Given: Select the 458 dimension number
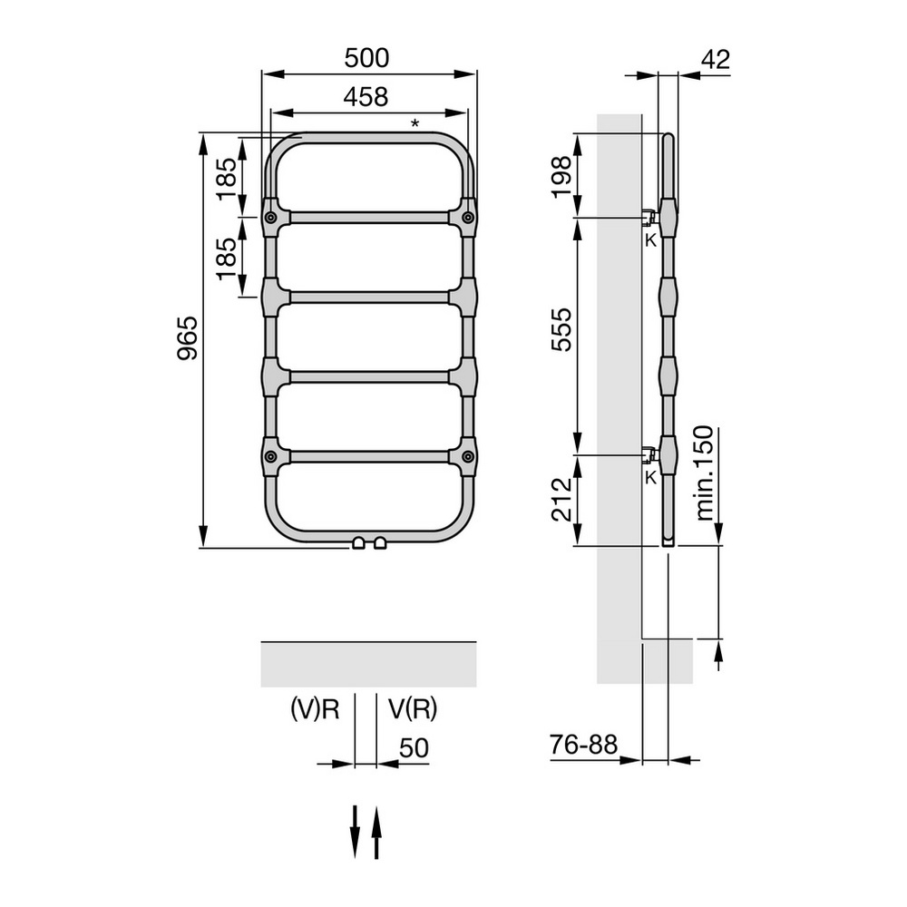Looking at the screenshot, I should click(366, 96).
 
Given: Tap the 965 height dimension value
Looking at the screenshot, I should click(188, 340).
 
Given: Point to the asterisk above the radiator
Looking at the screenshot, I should click(414, 124).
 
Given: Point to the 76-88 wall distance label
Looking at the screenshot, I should click(583, 745).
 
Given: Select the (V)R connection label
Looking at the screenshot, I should click(315, 709).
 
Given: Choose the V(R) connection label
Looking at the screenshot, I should click(413, 709).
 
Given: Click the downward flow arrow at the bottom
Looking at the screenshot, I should click(356, 830).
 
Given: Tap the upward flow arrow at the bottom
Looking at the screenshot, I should click(377, 830).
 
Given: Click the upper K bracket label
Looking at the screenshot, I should click(649, 240).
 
